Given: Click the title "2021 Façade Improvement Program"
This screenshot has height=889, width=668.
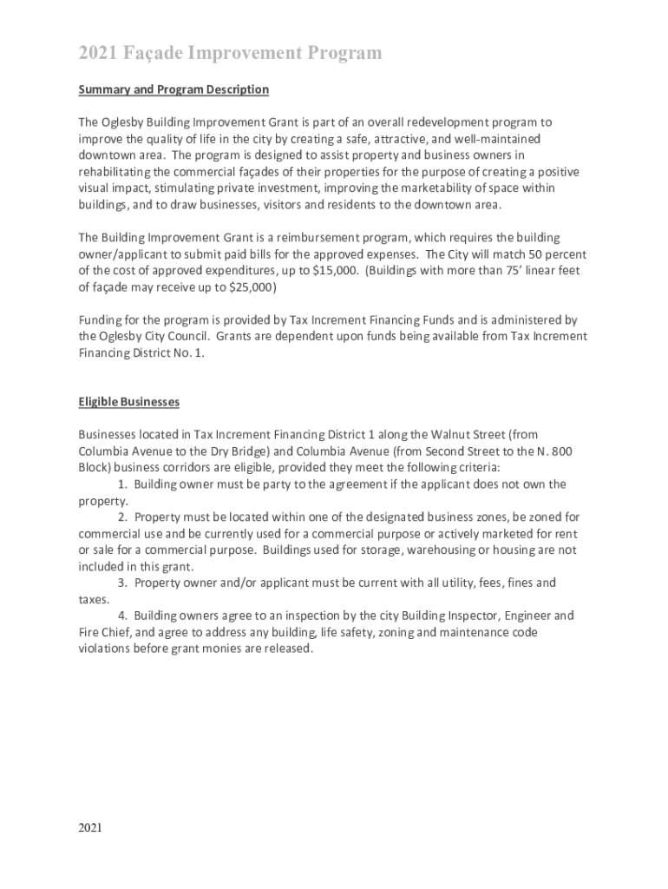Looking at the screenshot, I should coord(230,54).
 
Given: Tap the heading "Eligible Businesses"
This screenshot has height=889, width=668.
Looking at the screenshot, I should coord(128,402).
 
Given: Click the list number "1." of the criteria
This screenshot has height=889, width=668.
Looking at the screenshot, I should coord(122,484).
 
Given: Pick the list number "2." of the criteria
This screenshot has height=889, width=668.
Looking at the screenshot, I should coord(122,517).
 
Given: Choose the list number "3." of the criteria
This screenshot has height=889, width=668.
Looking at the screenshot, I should coord(122,583).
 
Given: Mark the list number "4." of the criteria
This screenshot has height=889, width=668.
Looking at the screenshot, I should coord(122,616).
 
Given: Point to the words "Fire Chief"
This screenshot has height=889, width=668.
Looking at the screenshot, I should coord(103,632).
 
